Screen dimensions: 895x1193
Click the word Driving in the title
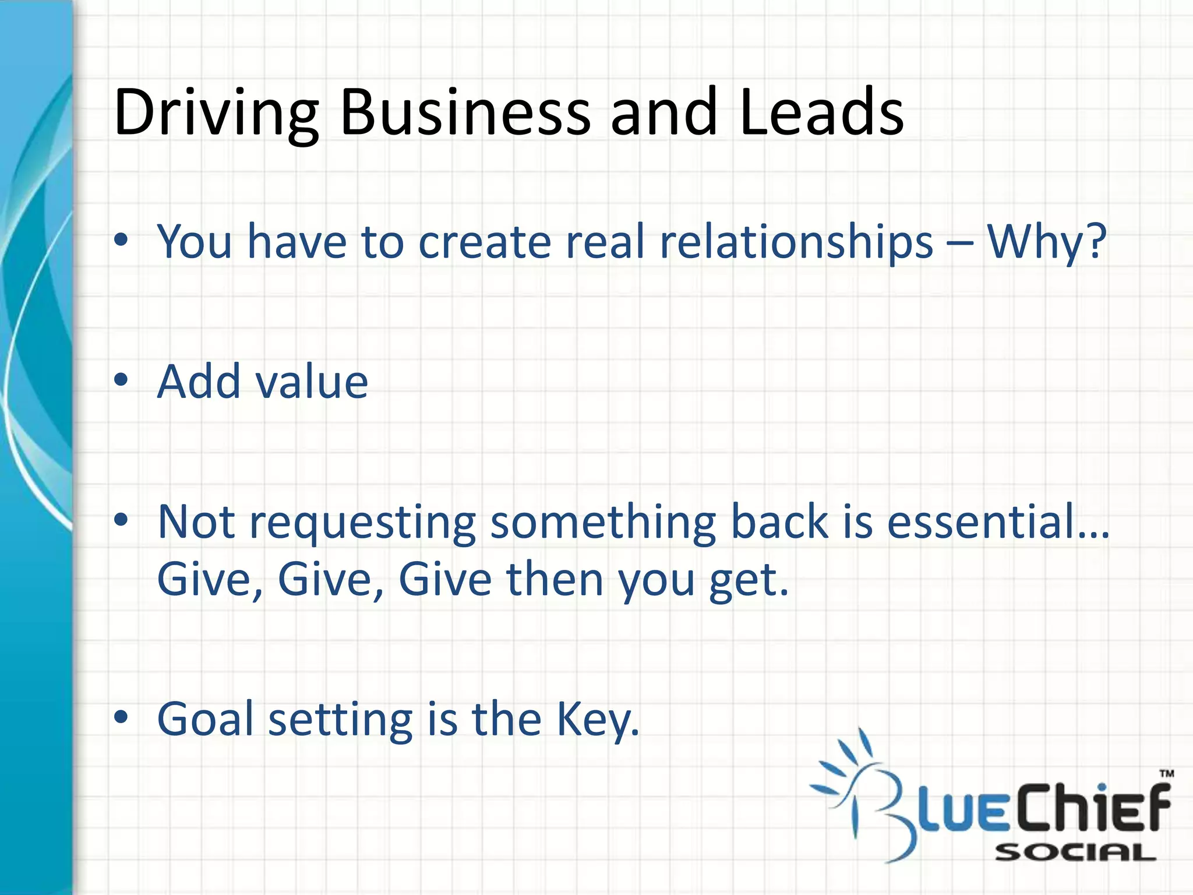[x=216, y=112]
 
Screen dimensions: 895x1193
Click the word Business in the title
[x=465, y=112]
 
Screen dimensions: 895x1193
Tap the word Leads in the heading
[x=821, y=112]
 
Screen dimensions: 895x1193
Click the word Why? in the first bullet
[x=1046, y=242]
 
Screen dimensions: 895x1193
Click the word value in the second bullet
[x=312, y=382]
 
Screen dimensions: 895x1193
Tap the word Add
[x=199, y=382]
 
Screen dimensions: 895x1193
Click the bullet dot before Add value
[x=121, y=380]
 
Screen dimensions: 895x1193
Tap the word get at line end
[x=748, y=580]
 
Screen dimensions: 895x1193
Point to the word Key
[x=596, y=720]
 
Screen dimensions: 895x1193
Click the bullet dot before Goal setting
[x=121, y=718]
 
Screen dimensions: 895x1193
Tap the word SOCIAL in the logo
[x=1075, y=853]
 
